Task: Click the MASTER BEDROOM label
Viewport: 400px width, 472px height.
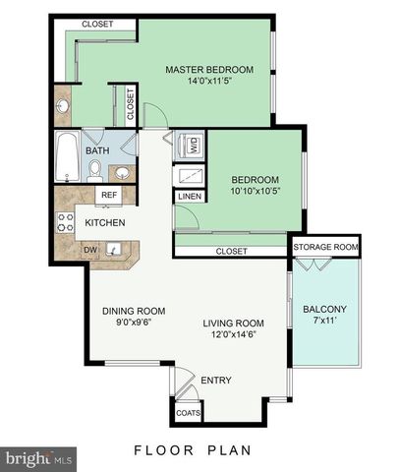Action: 209,69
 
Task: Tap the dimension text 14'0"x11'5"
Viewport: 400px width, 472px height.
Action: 209,82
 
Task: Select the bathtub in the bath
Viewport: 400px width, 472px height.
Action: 67,155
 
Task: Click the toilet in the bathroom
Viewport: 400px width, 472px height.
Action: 95,171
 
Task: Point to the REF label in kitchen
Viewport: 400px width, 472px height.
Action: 109,196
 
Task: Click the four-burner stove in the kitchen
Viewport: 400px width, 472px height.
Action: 66,222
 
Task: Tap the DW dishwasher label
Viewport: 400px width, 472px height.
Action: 90,250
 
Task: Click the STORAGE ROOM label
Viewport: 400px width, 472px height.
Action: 324,246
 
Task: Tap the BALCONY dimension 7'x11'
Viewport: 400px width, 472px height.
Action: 323,321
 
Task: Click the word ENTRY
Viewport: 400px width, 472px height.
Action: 215,380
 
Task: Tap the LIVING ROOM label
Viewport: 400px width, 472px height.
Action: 234,323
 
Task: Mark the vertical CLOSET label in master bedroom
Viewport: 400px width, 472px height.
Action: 131,101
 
